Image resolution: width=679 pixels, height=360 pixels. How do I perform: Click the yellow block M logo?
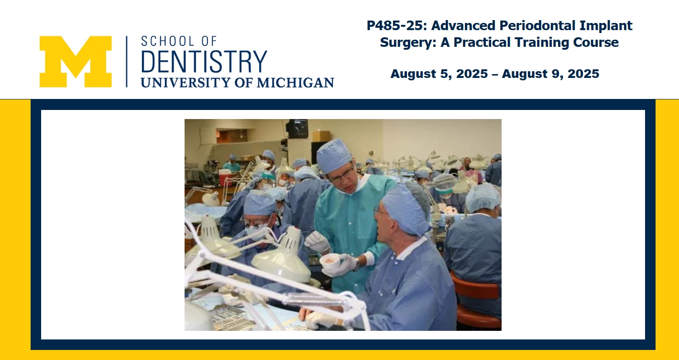point(76,62)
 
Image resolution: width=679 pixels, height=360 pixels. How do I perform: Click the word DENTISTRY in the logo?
point(204,62)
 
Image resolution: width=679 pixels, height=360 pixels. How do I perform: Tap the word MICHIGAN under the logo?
point(295,83)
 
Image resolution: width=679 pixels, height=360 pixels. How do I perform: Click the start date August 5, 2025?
point(439,74)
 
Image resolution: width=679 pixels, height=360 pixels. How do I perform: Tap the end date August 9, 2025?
point(550,74)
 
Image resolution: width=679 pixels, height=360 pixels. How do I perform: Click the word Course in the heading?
point(596,43)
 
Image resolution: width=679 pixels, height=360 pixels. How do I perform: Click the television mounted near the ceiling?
point(297,129)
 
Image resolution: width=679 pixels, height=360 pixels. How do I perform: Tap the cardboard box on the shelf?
point(321,136)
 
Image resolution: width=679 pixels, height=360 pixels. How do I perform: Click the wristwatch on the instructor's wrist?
point(358,264)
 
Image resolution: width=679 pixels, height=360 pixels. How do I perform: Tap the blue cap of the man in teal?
point(334,155)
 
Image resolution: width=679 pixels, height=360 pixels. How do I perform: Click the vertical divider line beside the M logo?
point(127,62)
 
